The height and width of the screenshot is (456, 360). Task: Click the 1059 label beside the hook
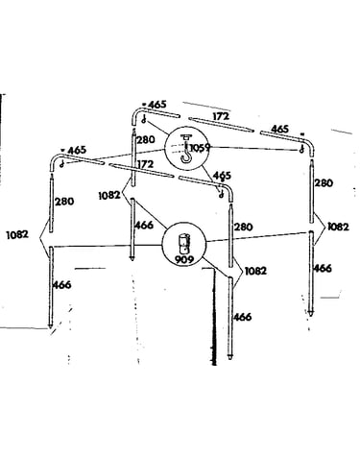(200, 148)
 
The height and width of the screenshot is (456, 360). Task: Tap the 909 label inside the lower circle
(184, 259)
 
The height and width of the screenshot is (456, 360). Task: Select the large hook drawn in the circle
(186, 149)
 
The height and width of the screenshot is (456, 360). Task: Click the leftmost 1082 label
(17, 234)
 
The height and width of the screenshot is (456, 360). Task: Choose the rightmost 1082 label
(338, 227)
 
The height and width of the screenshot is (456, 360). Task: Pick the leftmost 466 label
(61, 285)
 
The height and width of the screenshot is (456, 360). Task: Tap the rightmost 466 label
(323, 268)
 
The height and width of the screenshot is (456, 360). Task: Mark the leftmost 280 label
(64, 202)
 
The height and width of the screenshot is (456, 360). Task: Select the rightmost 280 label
(324, 183)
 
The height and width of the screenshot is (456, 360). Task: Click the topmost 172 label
(221, 116)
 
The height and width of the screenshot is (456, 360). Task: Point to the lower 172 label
(145, 164)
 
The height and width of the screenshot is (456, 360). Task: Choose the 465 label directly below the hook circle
(222, 176)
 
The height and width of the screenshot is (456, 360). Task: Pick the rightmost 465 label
(279, 129)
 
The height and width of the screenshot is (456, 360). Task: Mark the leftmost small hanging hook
(62, 164)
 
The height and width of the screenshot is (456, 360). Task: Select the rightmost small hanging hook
(301, 149)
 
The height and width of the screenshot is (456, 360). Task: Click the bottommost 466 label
(242, 317)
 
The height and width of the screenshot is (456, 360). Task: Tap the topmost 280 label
(146, 140)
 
